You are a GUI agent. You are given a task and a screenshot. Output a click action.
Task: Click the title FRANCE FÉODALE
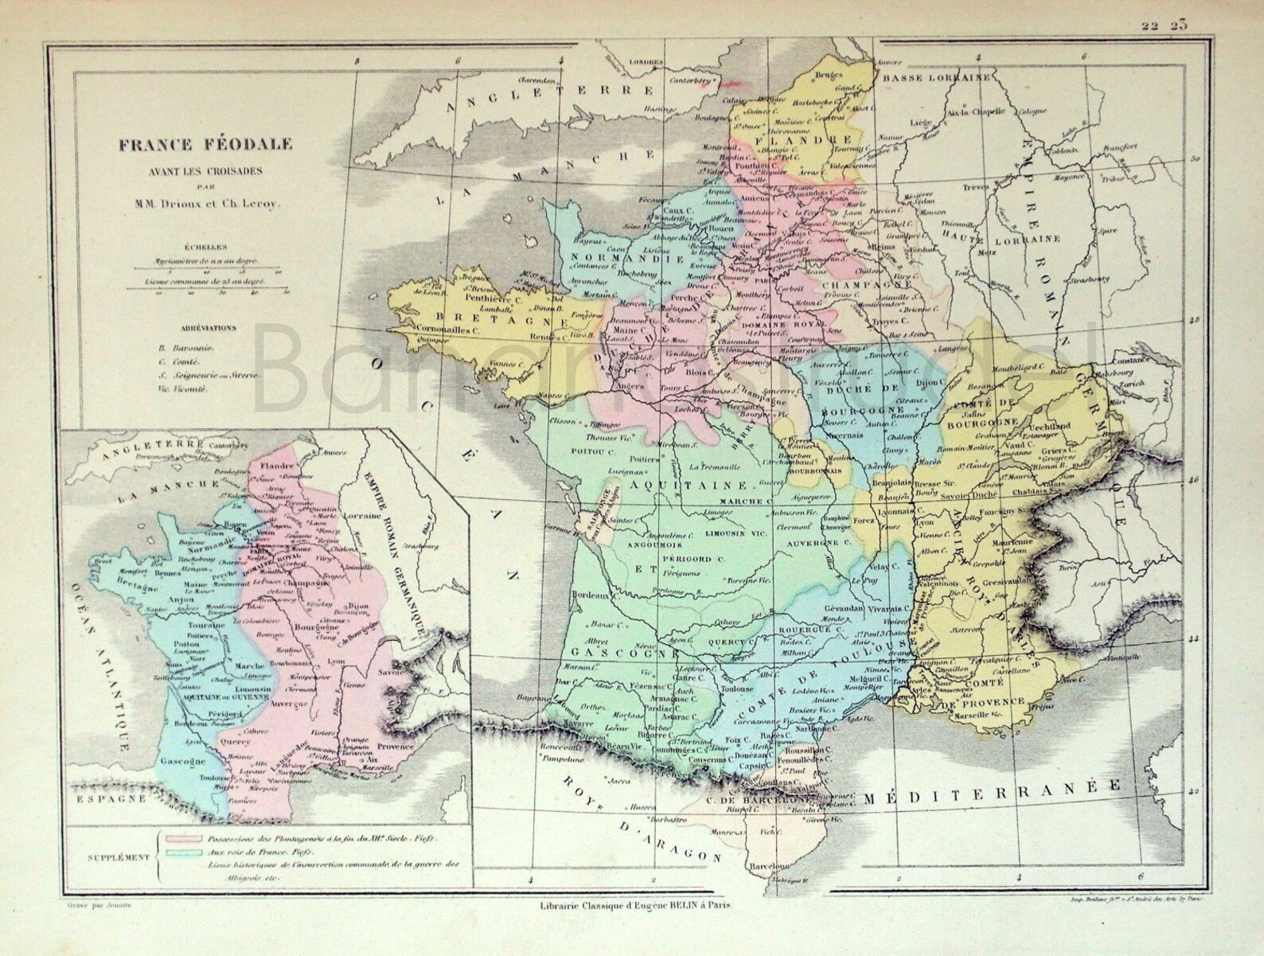[x=205, y=145]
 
